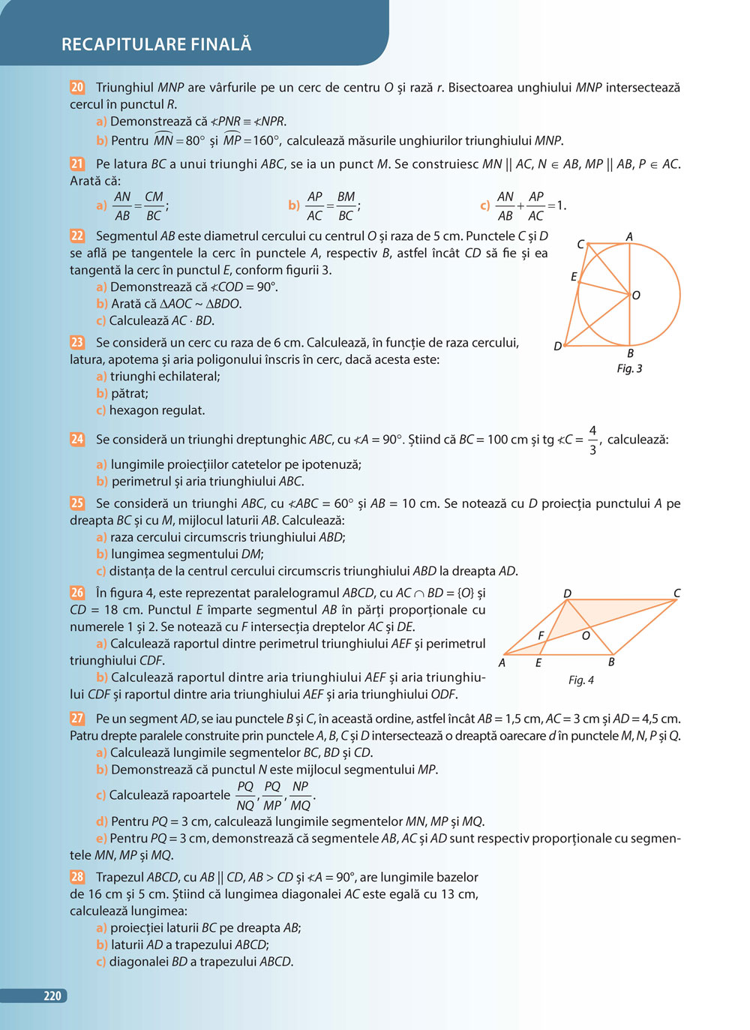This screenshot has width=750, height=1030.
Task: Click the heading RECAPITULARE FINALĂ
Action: [156, 44]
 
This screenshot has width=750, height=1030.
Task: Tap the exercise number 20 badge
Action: [77, 87]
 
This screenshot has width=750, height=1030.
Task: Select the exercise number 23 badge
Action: [77, 342]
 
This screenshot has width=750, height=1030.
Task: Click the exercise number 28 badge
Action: [77, 876]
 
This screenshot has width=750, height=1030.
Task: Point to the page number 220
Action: [52, 995]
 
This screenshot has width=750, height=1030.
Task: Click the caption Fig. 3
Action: [629, 368]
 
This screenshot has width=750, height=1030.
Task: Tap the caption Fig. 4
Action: [580, 680]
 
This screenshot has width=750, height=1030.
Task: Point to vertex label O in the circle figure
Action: [636, 296]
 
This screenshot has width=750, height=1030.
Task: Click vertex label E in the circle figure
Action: [574, 277]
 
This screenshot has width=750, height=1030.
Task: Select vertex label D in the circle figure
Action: [557, 347]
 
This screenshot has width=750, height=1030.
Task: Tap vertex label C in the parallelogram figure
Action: [676, 593]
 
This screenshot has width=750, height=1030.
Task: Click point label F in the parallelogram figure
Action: [541, 635]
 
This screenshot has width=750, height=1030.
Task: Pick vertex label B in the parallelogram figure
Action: [611, 662]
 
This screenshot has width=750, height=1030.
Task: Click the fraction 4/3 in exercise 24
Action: [592, 440]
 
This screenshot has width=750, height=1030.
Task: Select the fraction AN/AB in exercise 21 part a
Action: [122, 206]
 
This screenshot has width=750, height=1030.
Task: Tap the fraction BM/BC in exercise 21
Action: [346, 206]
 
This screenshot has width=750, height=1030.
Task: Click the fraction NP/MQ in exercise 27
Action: [300, 795]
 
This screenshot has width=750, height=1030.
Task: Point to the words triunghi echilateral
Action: [165, 377]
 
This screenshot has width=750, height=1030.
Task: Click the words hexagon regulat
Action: [157, 410]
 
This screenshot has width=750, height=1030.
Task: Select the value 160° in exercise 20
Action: [265, 140]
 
